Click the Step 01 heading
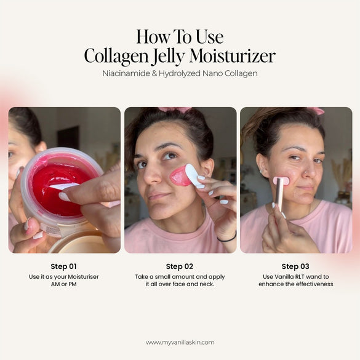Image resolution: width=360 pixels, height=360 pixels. [64, 266]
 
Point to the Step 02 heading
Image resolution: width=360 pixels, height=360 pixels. [180, 266]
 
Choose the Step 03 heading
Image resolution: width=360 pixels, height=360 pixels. [295, 266]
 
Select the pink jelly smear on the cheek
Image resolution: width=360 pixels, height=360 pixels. [180, 176]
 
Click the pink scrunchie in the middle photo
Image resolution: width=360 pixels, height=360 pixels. [175, 110]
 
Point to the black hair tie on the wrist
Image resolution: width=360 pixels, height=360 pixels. [227, 237]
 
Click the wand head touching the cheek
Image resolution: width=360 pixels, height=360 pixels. [282, 181]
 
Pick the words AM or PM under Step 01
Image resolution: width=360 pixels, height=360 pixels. [64, 284]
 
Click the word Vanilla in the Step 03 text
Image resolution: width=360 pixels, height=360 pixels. [282, 276]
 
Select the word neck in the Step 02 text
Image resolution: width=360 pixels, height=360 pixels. [205, 284]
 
